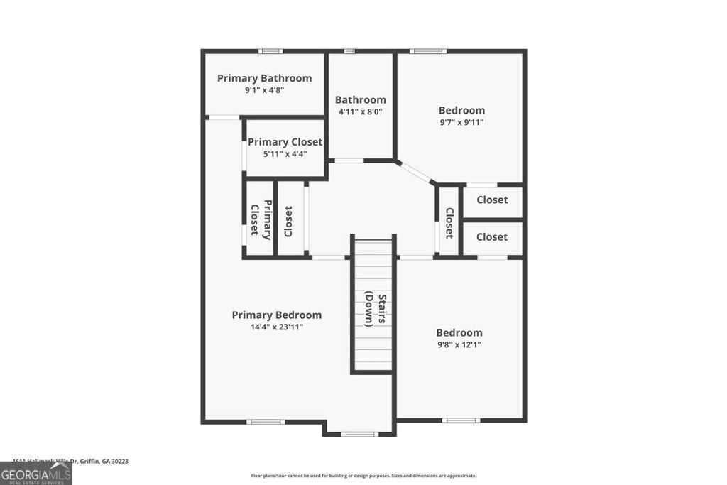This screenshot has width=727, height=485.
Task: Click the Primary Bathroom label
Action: pyautogui.click(x=264, y=78)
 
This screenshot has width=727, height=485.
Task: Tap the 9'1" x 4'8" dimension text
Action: pyautogui.click(x=264, y=90)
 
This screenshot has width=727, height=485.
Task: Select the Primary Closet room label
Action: pyautogui.click(x=285, y=142)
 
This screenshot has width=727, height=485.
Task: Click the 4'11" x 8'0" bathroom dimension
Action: pyautogui.click(x=360, y=111)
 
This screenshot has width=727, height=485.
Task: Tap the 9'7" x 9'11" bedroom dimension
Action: pyautogui.click(x=461, y=122)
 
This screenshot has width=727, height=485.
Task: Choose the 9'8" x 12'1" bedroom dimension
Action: pyautogui.click(x=459, y=344)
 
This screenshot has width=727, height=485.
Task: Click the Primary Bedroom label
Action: pyautogui.click(x=276, y=315)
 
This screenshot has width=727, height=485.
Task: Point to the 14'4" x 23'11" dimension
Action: pyautogui.click(x=277, y=327)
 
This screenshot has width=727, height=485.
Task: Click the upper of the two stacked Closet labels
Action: pyautogui.click(x=492, y=200)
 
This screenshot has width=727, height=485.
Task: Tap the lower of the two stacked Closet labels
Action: pyautogui.click(x=492, y=236)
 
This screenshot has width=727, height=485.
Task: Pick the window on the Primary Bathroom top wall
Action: pyautogui.click(x=270, y=51)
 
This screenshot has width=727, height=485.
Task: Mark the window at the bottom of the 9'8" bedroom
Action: pyautogui.click(x=460, y=420)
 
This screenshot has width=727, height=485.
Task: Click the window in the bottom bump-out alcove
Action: pyautogui.click(x=359, y=434)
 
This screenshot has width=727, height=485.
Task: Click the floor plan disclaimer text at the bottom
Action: pyautogui.click(x=363, y=476)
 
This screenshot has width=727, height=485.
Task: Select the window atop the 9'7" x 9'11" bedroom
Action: pyautogui.click(x=428, y=51)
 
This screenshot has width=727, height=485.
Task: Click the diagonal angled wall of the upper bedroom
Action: pyautogui.click(x=416, y=173)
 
